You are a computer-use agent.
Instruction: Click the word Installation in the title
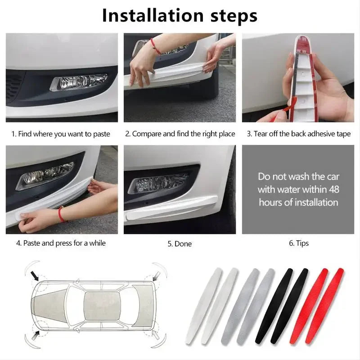click(x=153, y=15)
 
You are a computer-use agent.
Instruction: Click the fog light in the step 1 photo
click(x=78, y=82)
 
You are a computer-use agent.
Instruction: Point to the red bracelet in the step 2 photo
click(x=155, y=46)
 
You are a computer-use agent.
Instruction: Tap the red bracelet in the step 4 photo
click(x=60, y=213)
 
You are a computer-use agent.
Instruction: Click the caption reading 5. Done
click(x=180, y=243)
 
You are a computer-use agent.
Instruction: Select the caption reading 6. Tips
click(x=298, y=243)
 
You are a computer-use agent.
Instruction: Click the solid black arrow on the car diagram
click(x=35, y=275)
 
